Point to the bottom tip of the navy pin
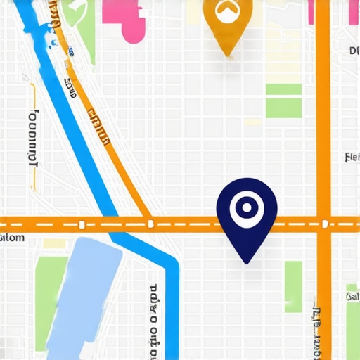[246, 262]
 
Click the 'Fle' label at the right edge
[352, 157]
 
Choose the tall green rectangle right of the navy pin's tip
[293, 285]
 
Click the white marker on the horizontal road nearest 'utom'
[82, 225]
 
